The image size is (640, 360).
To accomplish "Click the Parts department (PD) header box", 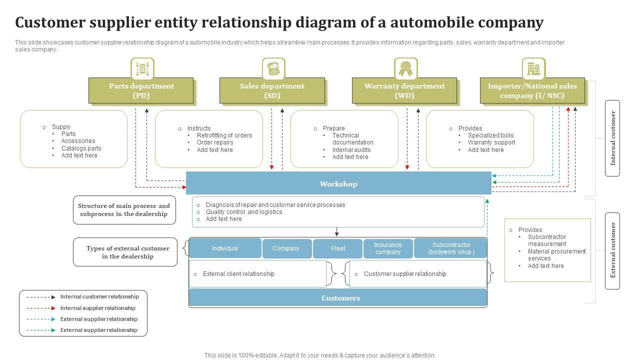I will pos(141,90).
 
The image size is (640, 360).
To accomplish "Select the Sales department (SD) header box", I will pos(272,90).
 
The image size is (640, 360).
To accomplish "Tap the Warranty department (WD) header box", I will pos(404,90).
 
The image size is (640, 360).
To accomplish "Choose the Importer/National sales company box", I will pos(532,90).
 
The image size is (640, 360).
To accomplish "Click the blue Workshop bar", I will pos(338,183).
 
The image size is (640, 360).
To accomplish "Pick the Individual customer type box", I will pos(224,248).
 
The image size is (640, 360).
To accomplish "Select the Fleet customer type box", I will pos(338,248).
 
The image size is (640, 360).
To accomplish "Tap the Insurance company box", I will pos(388,248).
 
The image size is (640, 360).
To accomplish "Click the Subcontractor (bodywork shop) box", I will pos(451,248).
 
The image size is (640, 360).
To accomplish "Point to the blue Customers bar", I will pos(338,298).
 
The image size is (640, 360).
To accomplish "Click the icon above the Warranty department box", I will pos(405,69).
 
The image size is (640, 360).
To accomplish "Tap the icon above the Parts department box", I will pos(142,69).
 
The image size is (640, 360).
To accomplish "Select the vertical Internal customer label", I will pos(612,138).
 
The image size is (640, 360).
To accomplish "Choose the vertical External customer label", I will pos(612,250).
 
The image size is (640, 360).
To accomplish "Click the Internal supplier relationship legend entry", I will pos(97,308).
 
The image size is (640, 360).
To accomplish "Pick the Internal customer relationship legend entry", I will pos(99,297).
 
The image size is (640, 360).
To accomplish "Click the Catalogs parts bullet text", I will pos(81,148).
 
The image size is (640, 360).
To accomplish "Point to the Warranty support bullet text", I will pos(491,142).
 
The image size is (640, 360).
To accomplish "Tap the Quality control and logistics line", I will pos(243,212).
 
